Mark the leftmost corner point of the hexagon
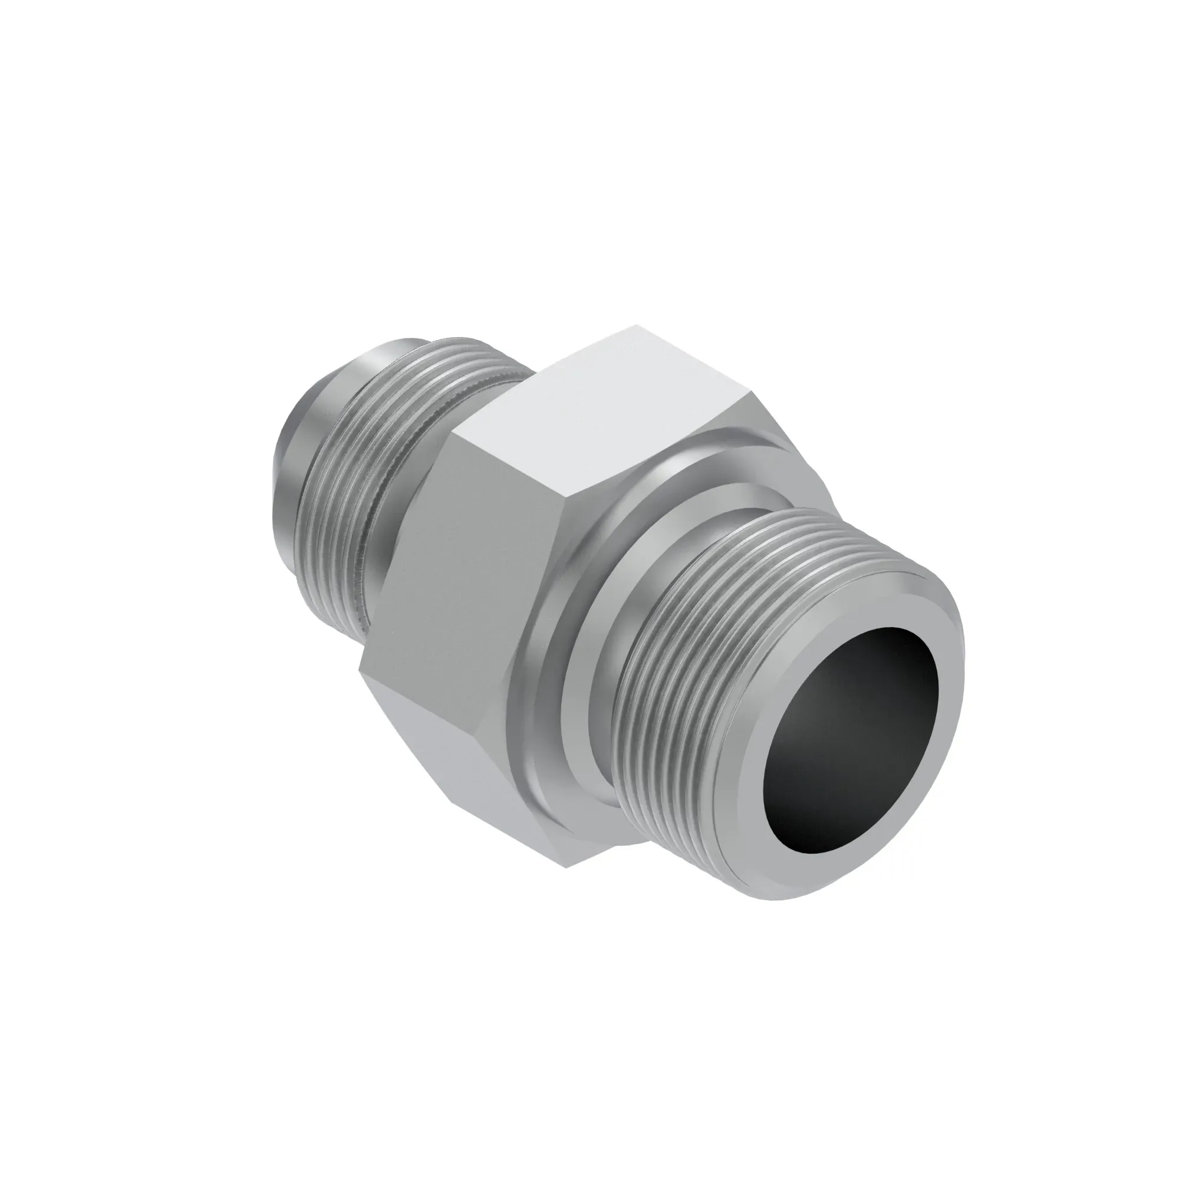point(360,668)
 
